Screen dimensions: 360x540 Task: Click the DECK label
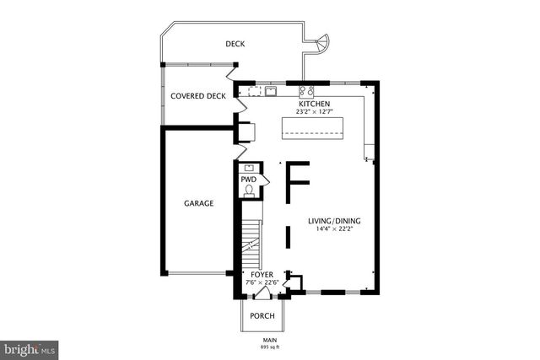(235, 44)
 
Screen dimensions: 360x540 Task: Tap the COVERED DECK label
(198, 96)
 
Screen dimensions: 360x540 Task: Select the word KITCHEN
(312, 104)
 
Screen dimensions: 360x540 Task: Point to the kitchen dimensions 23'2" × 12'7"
(314, 112)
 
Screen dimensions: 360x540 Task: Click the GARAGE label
(198, 203)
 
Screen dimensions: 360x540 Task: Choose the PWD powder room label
(248, 180)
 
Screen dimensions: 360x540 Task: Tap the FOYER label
(262, 274)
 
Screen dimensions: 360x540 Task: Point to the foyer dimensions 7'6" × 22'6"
(262, 282)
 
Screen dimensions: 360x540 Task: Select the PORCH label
(262, 315)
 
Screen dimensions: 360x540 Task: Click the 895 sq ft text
(269, 347)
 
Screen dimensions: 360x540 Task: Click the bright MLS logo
(30, 347)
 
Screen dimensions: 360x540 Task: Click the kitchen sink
(271, 91)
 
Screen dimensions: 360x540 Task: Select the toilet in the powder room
(249, 191)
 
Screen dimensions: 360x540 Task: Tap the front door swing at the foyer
(264, 293)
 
